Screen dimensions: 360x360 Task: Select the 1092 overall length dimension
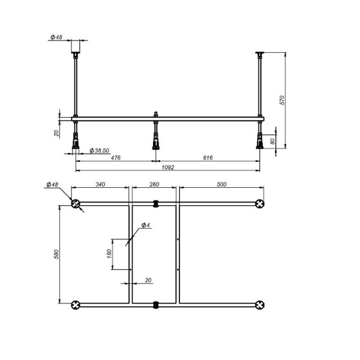[x=167, y=167]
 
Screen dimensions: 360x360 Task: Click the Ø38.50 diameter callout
[x=98, y=150]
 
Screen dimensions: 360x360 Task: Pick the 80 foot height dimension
[x=273, y=140]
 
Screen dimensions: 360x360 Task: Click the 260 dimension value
[x=154, y=185]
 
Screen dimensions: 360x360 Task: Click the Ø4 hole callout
[x=145, y=225]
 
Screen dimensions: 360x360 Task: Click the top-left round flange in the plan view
[x=76, y=203]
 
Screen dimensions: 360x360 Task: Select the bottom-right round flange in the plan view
[x=260, y=305]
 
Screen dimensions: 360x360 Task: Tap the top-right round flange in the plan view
[x=260, y=203]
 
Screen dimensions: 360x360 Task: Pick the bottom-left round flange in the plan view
[x=76, y=305]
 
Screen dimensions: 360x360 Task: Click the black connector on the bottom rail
[x=156, y=305]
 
